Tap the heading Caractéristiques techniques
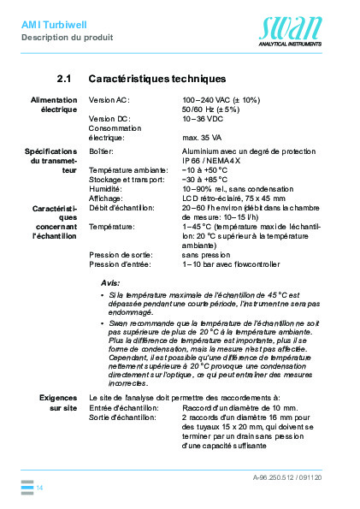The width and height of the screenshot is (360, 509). tap(157, 79)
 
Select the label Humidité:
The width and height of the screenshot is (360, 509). tap(106, 189)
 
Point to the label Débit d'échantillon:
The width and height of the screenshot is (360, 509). tap(121, 208)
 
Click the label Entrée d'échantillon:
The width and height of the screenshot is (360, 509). tap(123, 408)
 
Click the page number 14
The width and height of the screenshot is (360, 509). tap(39, 487)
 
